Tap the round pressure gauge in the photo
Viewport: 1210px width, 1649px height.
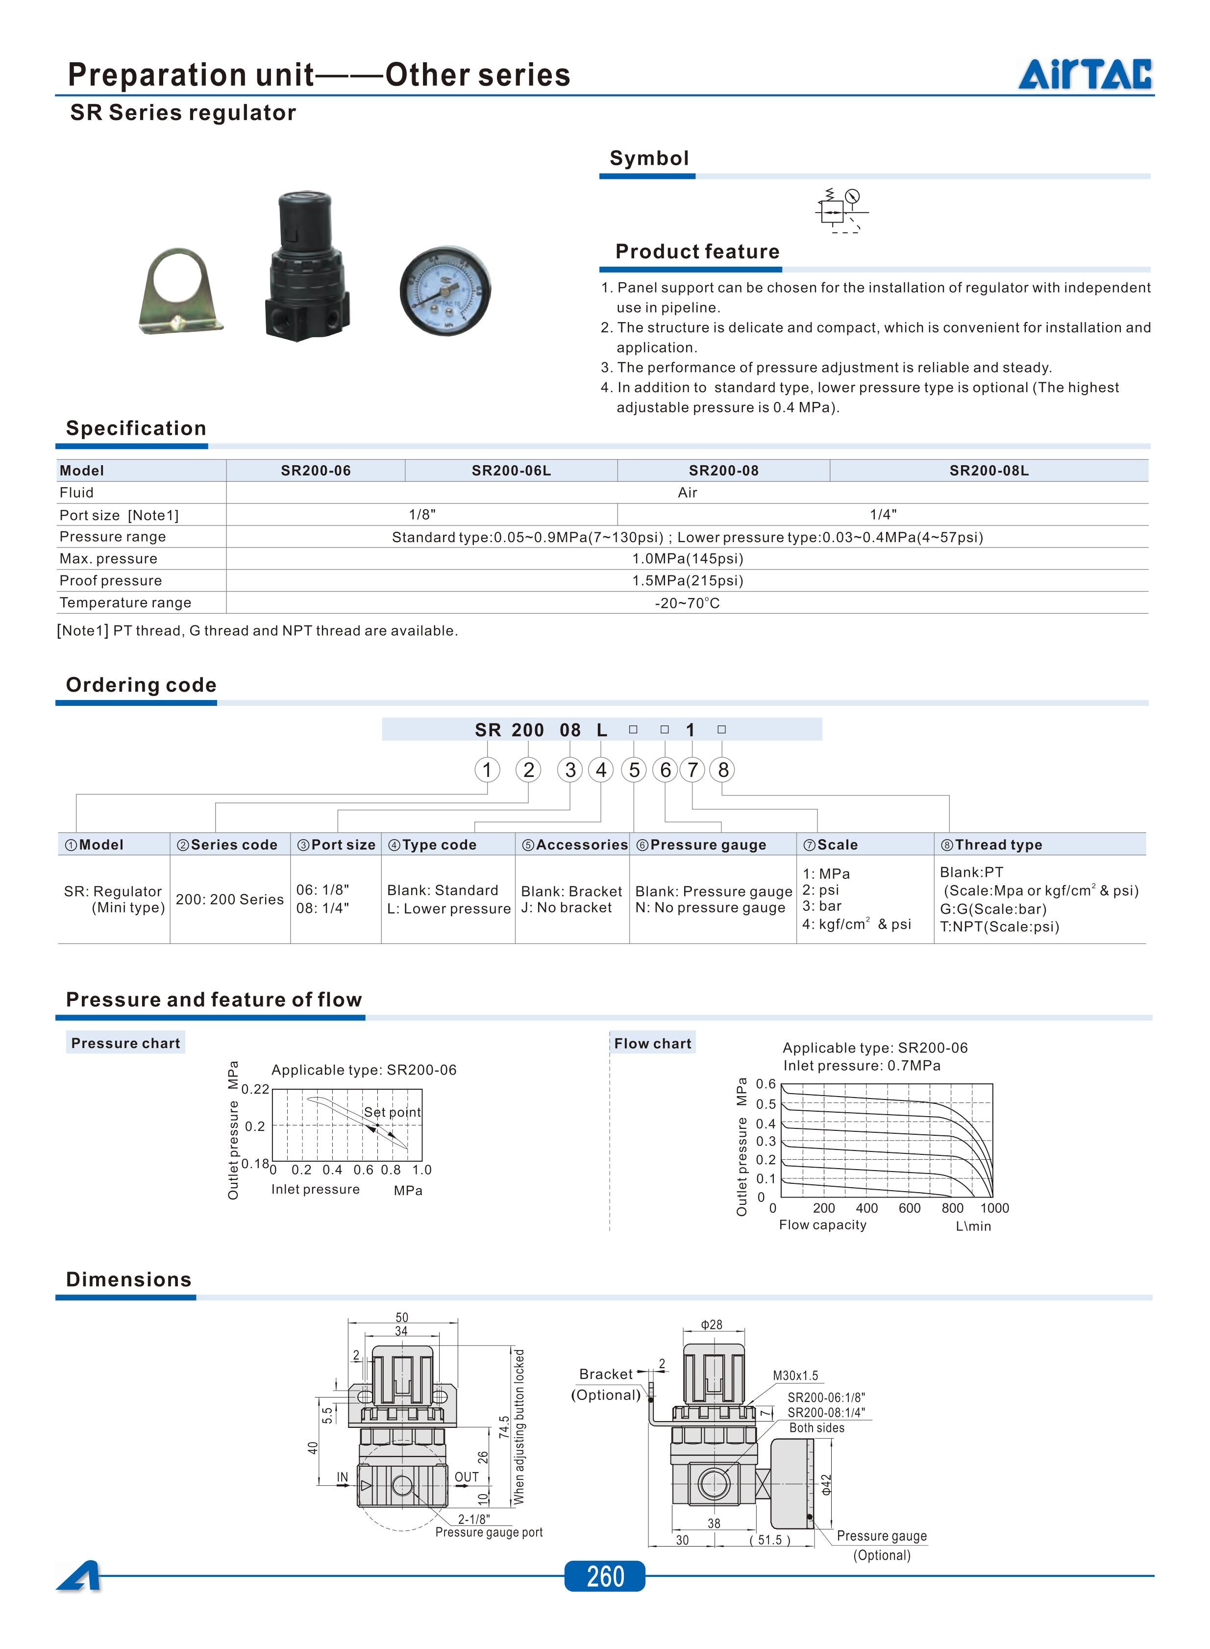pyautogui.click(x=444, y=291)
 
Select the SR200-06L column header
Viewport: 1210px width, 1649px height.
pyautogui.click(x=511, y=470)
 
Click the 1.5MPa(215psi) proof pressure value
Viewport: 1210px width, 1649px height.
pyautogui.click(x=687, y=580)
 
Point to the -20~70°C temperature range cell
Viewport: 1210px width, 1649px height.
pyautogui.click(x=687, y=603)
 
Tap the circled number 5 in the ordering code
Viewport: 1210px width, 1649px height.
pyautogui.click(x=634, y=770)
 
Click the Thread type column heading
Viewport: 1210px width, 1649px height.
pyautogui.click(x=998, y=845)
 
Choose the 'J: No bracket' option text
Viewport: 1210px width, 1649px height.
pyautogui.click(x=566, y=908)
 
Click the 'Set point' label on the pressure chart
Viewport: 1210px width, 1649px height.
pyautogui.click(x=392, y=1112)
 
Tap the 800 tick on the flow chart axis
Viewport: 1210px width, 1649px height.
pyautogui.click(x=952, y=1208)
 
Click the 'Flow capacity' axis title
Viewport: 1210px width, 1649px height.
pyautogui.click(x=822, y=1225)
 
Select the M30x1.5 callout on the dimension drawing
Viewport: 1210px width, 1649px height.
pyautogui.click(x=795, y=1376)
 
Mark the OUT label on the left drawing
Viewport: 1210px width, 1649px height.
pyautogui.click(x=467, y=1477)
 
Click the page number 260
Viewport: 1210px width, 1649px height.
pyautogui.click(x=605, y=1576)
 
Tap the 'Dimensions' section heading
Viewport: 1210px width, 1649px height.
pyautogui.click(x=129, y=1279)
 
